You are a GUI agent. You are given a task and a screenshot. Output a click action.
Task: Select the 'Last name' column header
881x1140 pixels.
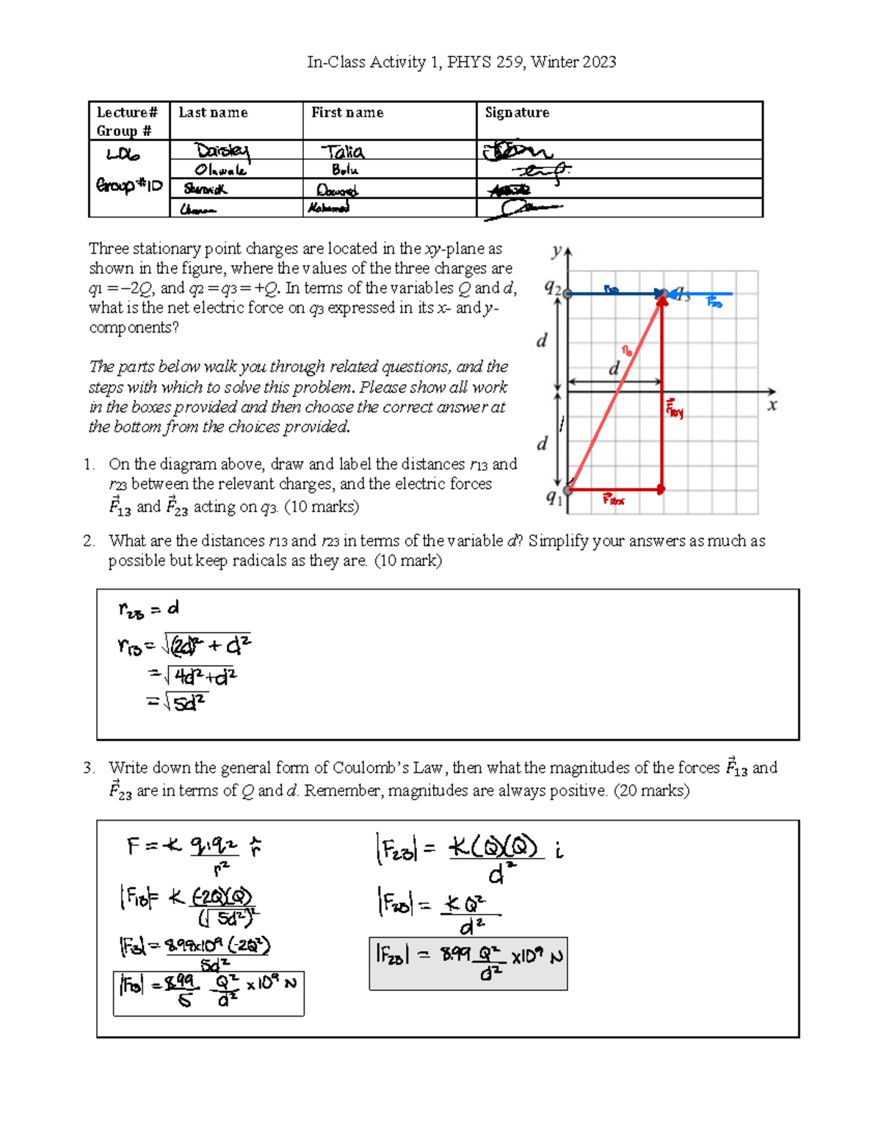click(x=213, y=112)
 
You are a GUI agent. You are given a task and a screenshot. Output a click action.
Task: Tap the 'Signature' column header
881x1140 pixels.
click(x=517, y=112)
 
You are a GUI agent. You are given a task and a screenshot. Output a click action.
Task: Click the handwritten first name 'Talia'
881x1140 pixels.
click(x=343, y=152)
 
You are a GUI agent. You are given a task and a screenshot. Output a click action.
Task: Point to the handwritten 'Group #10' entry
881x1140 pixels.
click(x=128, y=185)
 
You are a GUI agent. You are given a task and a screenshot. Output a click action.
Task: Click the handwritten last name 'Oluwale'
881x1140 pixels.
click(x=220, y=170)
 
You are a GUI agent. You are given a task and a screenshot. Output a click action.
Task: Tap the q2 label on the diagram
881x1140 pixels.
click(x=552, y=288)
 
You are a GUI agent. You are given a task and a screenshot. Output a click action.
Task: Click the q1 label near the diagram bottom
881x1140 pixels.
click(x=554, y=498)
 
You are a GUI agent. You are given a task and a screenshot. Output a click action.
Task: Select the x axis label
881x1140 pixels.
click(x=772, y=405)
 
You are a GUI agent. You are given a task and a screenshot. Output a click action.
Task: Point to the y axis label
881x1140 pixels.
click(x=556, y=251)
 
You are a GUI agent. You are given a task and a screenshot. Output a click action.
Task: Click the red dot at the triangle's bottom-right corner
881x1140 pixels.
click(x=661, y=489)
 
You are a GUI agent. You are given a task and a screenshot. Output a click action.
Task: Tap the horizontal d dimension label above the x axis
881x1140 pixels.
click(x=614, y=368)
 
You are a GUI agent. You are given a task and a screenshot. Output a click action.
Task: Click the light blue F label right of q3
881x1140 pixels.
click(x=714, y=301)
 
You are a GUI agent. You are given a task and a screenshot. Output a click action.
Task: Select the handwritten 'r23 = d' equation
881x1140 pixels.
click(x=149, y=609)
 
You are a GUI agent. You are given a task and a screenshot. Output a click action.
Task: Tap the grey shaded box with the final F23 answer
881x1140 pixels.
click(x=468, y=963)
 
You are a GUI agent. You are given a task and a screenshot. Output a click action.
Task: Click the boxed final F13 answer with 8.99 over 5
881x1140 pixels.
click(x=209, y=993)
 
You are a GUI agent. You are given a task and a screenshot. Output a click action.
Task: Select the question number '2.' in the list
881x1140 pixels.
click(x=89, y=541)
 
